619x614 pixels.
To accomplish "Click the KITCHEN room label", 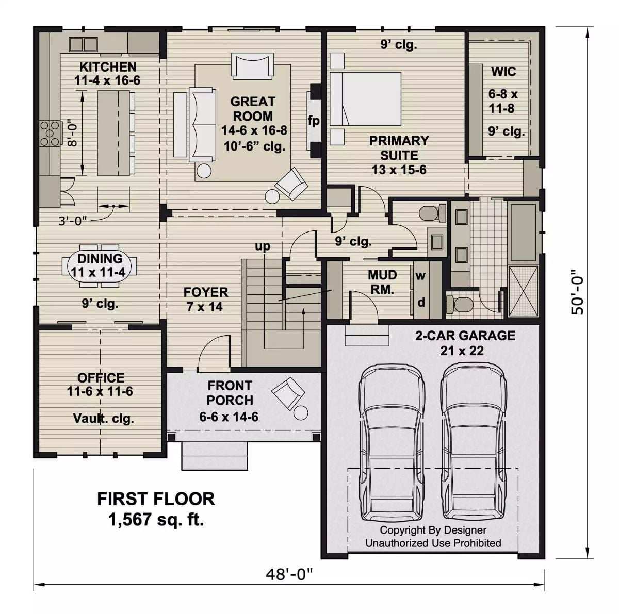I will point(108,67).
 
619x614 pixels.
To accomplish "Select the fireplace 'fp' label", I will point(314,121).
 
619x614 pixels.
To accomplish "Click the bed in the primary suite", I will point(365,98).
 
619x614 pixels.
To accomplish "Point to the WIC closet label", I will point(503,71).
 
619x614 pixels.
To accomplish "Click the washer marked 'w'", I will point(420,276).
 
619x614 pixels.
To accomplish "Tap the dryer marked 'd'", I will point(421,302).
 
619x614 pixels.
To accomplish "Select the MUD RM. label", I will point(382,282).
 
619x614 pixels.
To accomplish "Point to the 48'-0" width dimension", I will point(289,574).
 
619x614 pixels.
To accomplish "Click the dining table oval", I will point(100,266).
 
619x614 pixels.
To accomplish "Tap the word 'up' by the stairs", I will point(263,246).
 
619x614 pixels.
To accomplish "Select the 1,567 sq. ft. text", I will point(156,520).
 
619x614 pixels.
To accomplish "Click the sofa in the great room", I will point(203,125).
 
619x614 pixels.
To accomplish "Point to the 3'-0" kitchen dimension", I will point(73,221).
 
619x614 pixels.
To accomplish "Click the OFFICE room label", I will point(101,377).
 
